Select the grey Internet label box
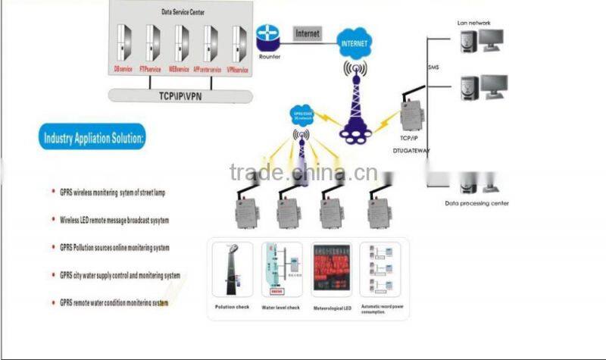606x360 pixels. click(x=307, y=33)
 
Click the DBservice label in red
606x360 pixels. click(x=123, y=70)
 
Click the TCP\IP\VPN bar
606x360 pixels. click(x=180, y=96)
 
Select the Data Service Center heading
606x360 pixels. click(x=181, y=14)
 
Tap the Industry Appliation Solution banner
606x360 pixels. click(x=95, y=139)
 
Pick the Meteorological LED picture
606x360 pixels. click(x=331, y=271)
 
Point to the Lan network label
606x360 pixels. click(x=473, y=23)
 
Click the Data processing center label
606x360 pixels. click(x=476, y=203)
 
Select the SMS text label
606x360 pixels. click(x=433, y=67)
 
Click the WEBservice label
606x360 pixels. click(x=179, y=70)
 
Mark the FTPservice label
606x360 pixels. click(x=150, y=70)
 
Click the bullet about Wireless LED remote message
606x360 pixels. click(x=114, y=221)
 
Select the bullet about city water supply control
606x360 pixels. click(x=120, y=275)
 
